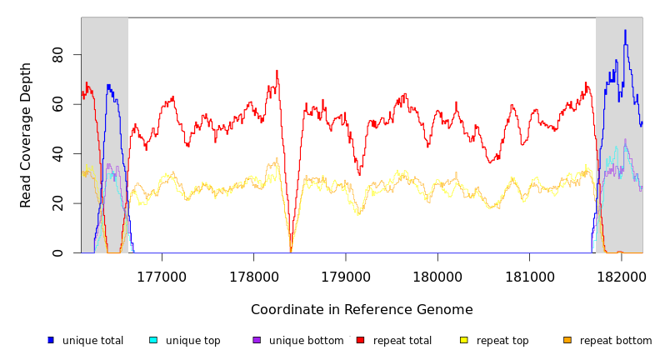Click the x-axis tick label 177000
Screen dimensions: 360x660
tap(162, 275)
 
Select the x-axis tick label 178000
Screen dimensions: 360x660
tap(253, 275)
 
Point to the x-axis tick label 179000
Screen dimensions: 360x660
tap(346, 275)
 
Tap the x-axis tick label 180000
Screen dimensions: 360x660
tap(437, 275)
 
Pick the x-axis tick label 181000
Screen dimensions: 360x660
tap(530, 275)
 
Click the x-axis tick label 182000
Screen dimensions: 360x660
tap(622, 275)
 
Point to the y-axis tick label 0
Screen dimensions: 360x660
tap(57, 253)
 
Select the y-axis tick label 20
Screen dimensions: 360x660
tap(57, 203)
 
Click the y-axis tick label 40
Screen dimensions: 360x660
tap(57, 154)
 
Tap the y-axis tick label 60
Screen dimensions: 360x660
tap(57, 105)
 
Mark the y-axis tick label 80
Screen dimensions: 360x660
tap(57, 55)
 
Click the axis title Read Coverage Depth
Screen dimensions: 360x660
tap(26, 135)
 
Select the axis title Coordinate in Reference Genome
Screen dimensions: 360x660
tap(362, 310)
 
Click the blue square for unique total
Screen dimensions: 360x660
tap(51, 340)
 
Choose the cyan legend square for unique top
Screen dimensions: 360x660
tap(153, 340)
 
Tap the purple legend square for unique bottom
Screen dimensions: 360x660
tap(257, 340)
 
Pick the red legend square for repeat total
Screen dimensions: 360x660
tap(360, 340)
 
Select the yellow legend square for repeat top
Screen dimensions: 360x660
tap(464, 340)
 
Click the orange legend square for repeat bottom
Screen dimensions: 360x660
tap(567, 340)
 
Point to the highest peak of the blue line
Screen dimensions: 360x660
tap(625, 31)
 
